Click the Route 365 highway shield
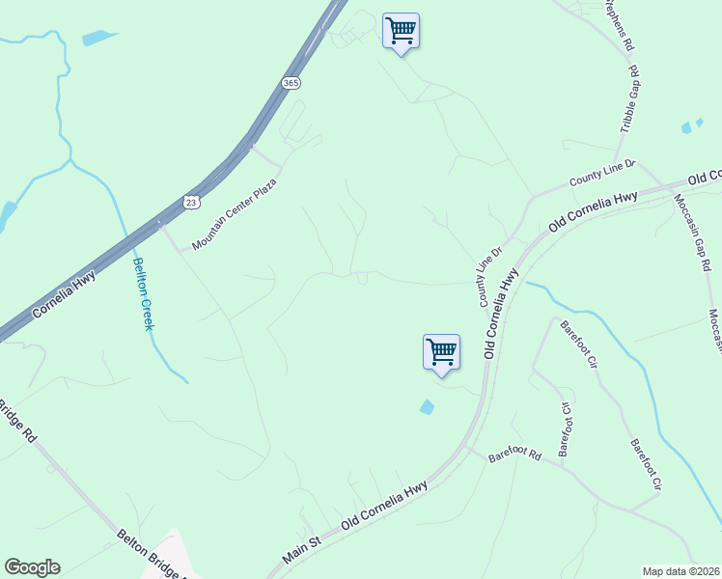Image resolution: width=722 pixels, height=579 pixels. [291, 84]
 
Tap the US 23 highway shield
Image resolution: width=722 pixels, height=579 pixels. [190, 200]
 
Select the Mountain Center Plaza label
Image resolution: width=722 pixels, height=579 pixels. [235, 214]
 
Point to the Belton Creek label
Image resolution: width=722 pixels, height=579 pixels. [142, 293]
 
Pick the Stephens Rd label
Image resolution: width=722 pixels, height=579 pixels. [619, 24]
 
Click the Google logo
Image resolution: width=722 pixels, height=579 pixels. [32, 567]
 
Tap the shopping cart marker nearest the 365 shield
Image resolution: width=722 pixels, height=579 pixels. [401, 31]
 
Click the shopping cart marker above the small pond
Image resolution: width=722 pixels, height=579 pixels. [441, 351]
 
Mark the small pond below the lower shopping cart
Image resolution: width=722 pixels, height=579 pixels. [427, 407]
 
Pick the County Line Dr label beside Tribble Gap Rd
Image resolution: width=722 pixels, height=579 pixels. [603, 175]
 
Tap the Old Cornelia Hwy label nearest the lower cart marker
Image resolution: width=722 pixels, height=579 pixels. [503, 313]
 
